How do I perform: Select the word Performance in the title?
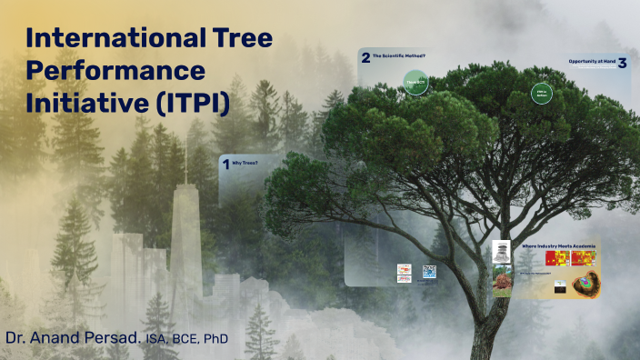(115, 71)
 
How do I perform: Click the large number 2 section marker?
(365, 58)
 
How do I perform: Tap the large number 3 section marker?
(622, 64)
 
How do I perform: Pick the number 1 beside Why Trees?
(225, 165)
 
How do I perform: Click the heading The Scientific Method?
(399, 56)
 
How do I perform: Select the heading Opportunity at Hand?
(592, 62)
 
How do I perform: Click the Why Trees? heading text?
(245, 164)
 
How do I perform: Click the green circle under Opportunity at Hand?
(541, 93)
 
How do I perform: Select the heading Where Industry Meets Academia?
(556, 245)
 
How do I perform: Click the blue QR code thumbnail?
(429, 271)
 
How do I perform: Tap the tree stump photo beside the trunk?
(502, 282)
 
